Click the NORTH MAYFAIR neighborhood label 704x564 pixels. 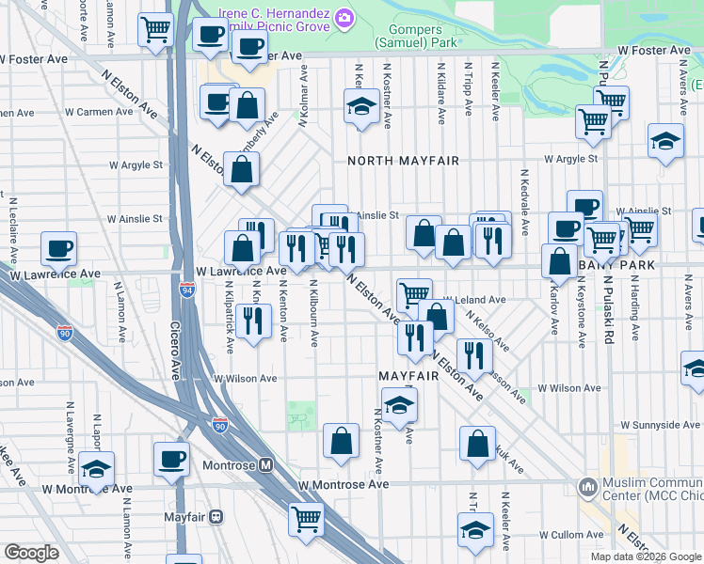click(403, 161)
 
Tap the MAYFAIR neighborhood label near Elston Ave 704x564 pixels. click(409, 375)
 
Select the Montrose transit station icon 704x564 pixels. click(266, 464)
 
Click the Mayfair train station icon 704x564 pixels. click(216, 515)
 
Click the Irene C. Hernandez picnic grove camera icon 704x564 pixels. click(344, 17)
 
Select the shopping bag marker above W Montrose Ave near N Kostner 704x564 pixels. click(341, 440)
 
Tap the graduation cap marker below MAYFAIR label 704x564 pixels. click(400, 406)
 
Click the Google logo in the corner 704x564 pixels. click(31, 552)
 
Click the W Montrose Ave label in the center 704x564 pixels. click(344, 484)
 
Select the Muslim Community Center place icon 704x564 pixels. click(589, 487)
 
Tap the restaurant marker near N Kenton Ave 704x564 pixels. click(252, 321)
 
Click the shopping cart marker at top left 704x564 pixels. click(154, 28)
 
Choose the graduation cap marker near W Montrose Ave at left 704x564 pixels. click(96, 468)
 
